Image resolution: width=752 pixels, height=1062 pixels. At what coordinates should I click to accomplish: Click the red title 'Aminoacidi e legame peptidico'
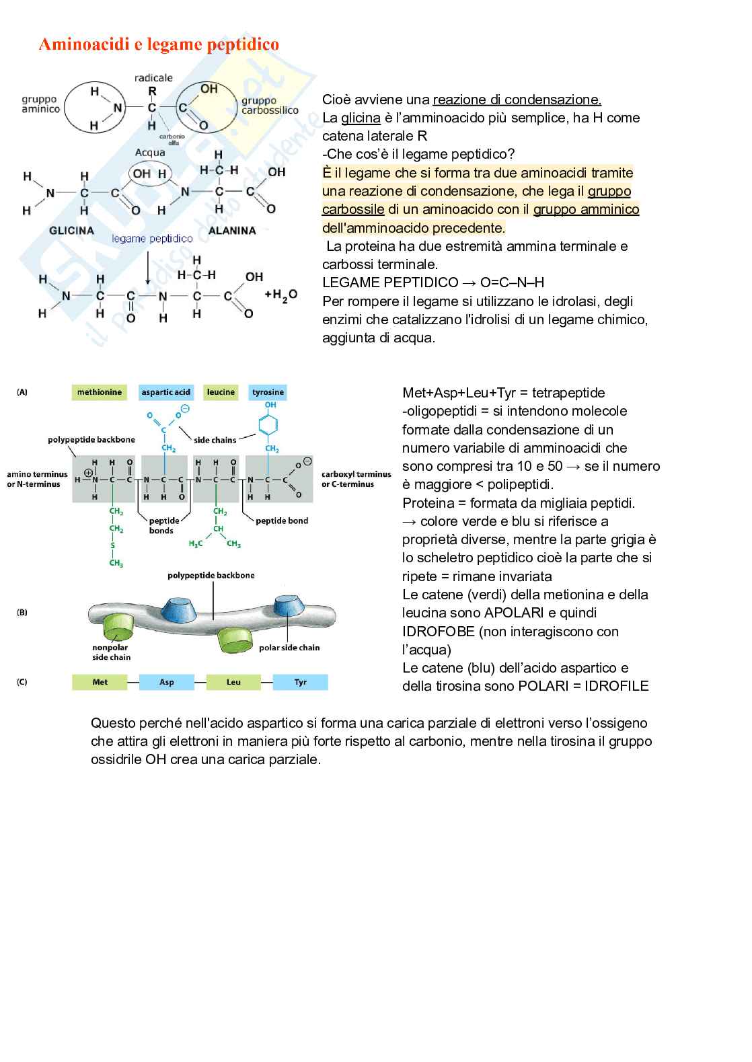pos(159,44)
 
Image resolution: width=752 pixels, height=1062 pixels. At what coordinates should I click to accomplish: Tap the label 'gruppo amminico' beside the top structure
pos(41,104)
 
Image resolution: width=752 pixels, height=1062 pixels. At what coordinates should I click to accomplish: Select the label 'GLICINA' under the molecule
pos(72,231)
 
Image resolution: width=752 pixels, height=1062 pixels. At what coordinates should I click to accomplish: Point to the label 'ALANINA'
pos(232,231)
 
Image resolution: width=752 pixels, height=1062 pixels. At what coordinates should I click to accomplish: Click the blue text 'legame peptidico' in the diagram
pos(152,239)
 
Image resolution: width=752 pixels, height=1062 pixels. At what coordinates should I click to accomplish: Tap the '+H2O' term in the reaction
pos(280,295)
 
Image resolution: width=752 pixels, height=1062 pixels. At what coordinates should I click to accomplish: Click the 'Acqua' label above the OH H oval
pos(150,153)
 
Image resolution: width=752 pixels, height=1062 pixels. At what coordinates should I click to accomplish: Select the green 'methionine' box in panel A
pos(100,392)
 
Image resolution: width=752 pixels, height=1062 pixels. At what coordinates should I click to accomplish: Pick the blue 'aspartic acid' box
pos(165,392)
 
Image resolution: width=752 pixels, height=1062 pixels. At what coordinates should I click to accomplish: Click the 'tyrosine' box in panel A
pos(268,392)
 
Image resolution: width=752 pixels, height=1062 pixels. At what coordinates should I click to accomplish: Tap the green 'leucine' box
pos(221,392)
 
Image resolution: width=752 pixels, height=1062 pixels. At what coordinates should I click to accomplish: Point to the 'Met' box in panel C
pos(100,682)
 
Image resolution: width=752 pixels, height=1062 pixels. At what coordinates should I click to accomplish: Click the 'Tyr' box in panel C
pos(300,682)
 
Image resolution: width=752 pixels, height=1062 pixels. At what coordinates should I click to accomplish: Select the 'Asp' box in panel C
pos(166,682)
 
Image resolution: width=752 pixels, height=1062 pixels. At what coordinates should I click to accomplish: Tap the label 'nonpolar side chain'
pos(111,652)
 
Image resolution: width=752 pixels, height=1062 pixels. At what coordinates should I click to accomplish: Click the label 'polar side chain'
pos(289,648)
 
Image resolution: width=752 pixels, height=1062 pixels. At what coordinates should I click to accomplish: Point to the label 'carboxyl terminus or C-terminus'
pos(356,479)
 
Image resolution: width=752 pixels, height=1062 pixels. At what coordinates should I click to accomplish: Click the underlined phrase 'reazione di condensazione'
pos(517,100)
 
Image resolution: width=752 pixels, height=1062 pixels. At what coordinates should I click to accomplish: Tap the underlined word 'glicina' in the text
pos(361,118)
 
